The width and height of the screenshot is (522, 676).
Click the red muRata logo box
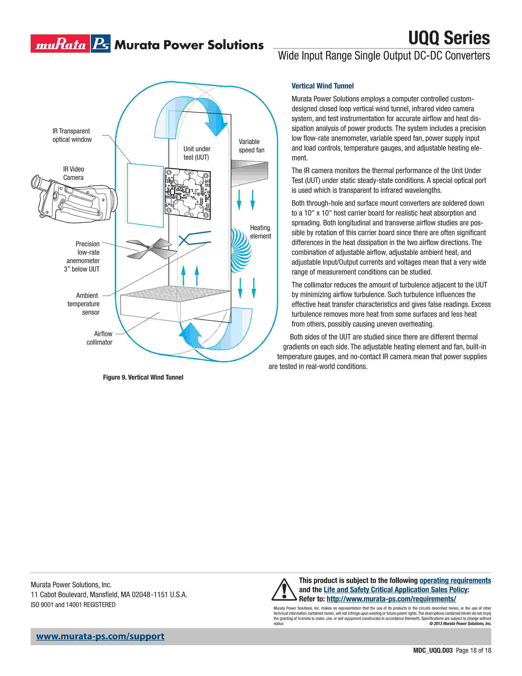[x=60, y=44]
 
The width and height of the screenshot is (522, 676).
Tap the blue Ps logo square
[x=101, y=44]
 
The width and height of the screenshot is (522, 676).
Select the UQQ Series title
[x=449, y=38]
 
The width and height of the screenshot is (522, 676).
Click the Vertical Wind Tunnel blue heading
[x=323, y=86]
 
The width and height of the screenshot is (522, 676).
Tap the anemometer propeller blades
[x=151, y=248]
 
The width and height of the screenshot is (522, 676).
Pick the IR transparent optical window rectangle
[x=145, y=195]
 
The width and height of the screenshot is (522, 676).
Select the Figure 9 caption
[x=143, y=377]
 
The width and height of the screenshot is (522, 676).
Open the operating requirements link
[x=455, y=581]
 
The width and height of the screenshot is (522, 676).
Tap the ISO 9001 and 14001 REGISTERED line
[x=73, y=605]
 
